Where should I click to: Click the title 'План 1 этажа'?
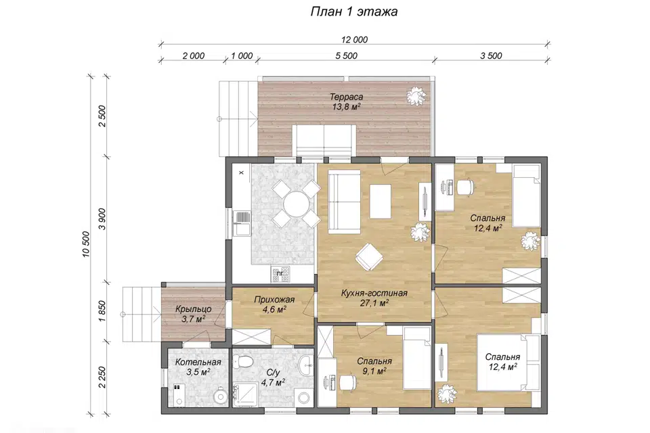(354, 12)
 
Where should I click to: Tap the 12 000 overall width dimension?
(354, 40)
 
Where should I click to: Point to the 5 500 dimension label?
(346, 55)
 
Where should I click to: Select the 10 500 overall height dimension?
(86, 244)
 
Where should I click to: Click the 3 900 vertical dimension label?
(102, 219)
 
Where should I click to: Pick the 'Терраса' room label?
(346, 97)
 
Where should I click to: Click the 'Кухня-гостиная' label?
(374, 294)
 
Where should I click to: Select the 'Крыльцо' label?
(193, 309)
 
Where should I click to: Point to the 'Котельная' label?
(198, 362)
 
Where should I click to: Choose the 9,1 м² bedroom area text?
(374, 371)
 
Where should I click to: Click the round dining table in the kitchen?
(295, 204)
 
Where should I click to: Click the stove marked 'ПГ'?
(280, 274)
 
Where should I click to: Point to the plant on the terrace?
(416, 97)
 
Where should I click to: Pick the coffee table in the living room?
(380, 201)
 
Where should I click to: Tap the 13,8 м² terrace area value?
(346, 107)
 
